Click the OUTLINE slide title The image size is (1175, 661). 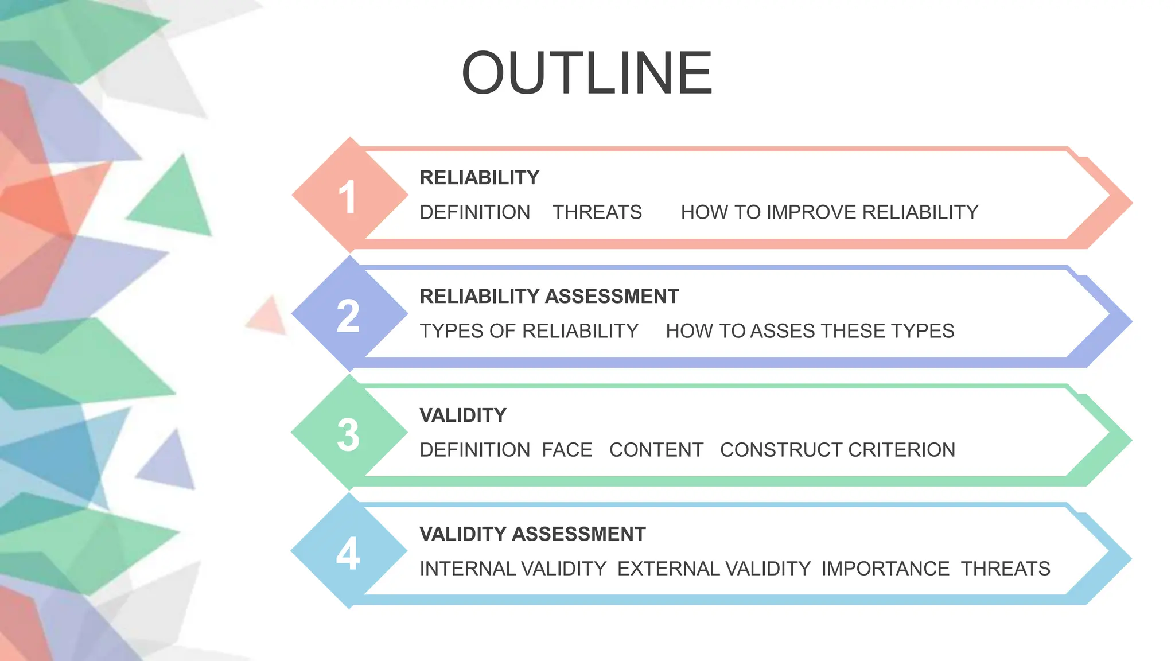[587, 73]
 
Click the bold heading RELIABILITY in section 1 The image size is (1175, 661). [480, 178]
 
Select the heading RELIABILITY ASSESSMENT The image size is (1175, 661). [549, 297]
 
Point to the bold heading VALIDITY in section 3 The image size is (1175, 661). [463, 415]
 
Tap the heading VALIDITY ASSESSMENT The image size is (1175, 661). [532, 534]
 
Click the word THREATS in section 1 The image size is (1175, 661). [597, 212]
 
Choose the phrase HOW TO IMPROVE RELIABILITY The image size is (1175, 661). [829, 212]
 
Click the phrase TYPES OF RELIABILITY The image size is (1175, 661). [529, 331]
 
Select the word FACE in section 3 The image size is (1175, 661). [567, 450]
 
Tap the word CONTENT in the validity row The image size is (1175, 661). [656, 450]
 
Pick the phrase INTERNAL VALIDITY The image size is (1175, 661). [513, 569]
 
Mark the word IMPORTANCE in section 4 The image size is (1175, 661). [885, 569]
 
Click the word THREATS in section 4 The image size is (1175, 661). [1005, 569]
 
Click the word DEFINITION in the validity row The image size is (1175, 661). [474, 450]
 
